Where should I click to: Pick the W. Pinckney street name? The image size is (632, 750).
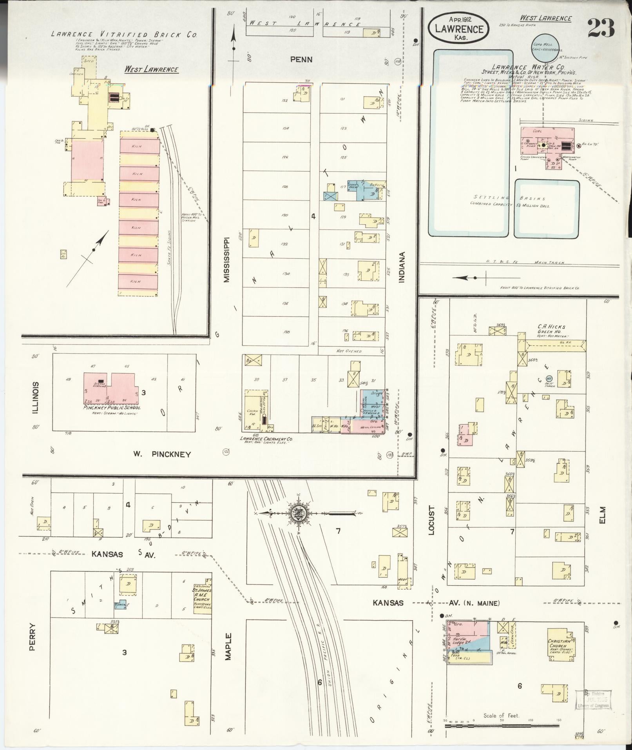click(162, 454)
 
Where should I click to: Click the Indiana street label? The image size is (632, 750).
click(402, 267)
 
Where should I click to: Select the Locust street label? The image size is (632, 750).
click(432, 520)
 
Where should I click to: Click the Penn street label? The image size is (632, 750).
click(301, 60)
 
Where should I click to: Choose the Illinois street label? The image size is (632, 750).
click(36, 398)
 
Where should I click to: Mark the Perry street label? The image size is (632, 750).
click(33, 637)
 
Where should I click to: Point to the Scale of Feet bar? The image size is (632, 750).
click(503, 726)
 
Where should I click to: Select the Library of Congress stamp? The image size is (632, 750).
click(593, 699)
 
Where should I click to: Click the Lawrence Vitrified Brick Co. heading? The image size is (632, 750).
click(124, 35)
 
